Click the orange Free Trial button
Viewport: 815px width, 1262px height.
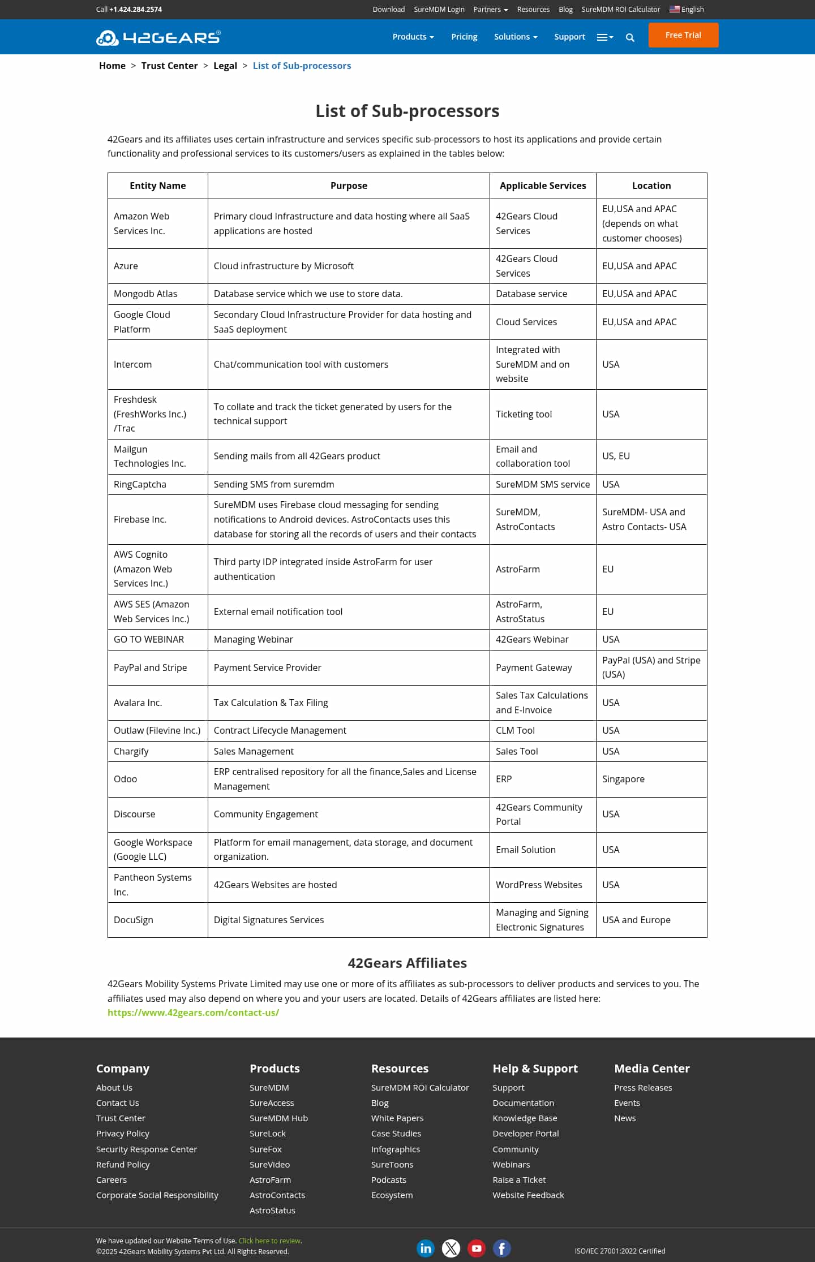pyautogui.click(x=683, y=35)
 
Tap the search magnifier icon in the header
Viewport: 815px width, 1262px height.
pyautogui.click(x=630, y=38)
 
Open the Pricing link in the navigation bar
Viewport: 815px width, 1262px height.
pyautogui.click(x=464, y=37)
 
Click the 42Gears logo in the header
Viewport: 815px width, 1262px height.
pyautogui.click(x=158, y=37)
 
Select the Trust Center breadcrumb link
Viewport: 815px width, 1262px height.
pyautogui.click(x=169, y=66)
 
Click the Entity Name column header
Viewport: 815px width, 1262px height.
pyautogui.click(x=157, y=186)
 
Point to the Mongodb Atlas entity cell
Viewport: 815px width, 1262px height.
pyautogui.click(x=145, y=294)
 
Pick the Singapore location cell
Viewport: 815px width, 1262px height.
pyautogui.click(x=623, y=779)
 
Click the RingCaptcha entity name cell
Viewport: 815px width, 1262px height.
pyautogui.click(x=140, y=484)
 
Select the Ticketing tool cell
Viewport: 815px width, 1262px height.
pyautogui.click(x=524, y=414)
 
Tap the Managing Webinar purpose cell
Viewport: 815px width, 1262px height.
pyautogui.click(x=253, y=639)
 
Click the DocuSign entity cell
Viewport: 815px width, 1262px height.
pyautogui.click(x=134, y=920)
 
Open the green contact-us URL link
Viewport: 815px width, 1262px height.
pyautogui.click(x=193, y=1013)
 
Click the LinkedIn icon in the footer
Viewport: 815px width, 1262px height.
pyautogui.click(x=426, y=1248)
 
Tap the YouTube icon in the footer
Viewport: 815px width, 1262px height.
pyautogui.click(x=477, y=1248)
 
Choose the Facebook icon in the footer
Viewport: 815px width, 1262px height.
pyautogui.click(x=501, y=1248)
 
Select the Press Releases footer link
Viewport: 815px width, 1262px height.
pyautogui.click(x=643, y=1087)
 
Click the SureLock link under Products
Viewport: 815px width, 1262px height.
pyautogui.click(x=268, y=1133)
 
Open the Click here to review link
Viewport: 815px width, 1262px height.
pyautogui.click(x=269, y=1241)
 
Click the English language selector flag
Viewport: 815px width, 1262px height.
pyautogui.click(x=675, y=9)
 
